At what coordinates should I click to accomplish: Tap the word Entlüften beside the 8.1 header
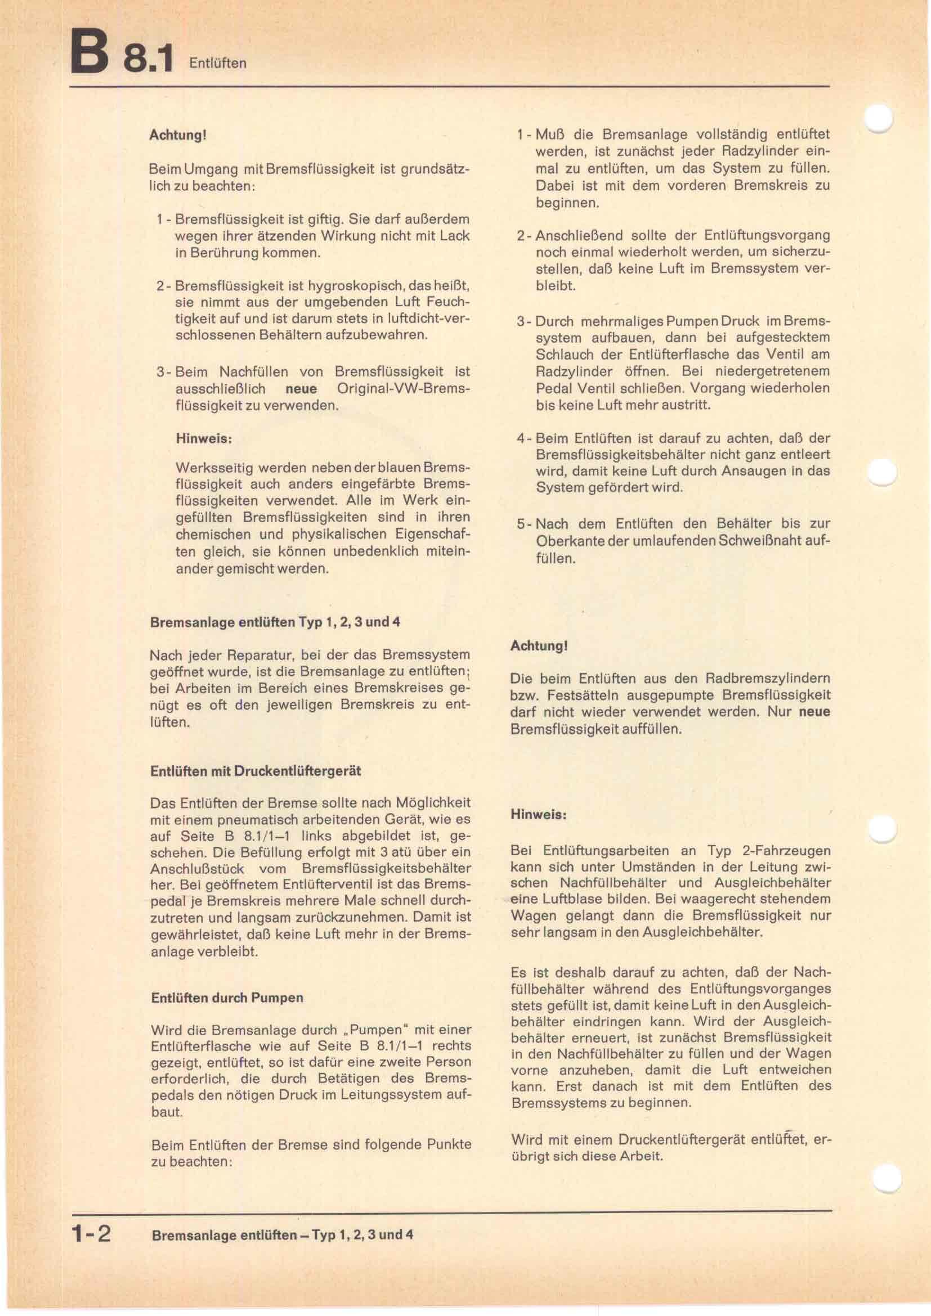click(x=218, y=63)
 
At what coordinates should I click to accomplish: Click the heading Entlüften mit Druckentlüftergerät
click(x=256, y=771)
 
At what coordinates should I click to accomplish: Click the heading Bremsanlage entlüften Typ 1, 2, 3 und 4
click(x=275, y=622)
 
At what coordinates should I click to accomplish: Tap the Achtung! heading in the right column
click(x=539, y=645)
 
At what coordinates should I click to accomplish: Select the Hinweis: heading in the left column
click(x=204, y=439)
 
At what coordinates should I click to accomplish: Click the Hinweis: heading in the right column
click(x=538, y=815)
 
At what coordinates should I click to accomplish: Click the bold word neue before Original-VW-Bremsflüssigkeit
click(x=301, y=389)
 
